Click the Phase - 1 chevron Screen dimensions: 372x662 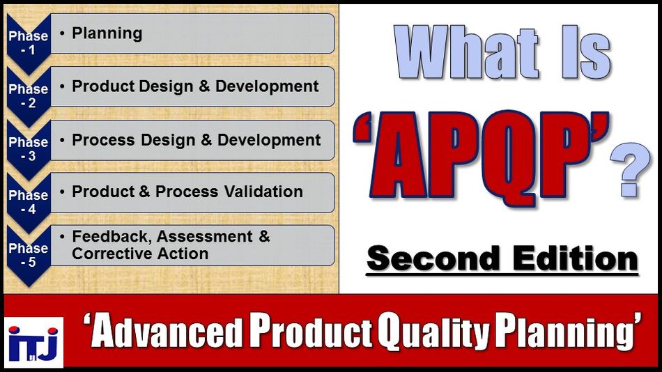pyautogui.click(x=29, y=42)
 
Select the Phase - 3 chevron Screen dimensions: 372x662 pyautogui.click(x=29, y=148)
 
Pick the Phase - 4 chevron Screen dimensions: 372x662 pyautogui.click(x=29, y=201)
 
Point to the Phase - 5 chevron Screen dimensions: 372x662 pyautogui.click(x=29, y=254)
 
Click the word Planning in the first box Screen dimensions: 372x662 pyautogui.click(x=107, y=33)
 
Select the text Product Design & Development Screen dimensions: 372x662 pyautogui.click(x=195, y=86)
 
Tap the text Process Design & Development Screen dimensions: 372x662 pyautogui.click(x=196, y=139)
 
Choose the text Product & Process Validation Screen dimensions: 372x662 pyautogui.click(x=187, y=192)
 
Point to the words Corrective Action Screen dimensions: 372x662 pyautogui.click(x=140, y=254)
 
